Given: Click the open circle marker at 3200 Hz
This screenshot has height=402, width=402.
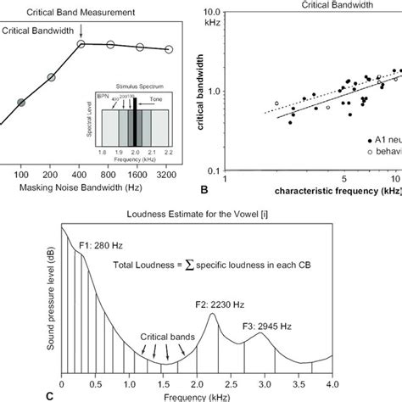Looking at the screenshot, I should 168,49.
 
